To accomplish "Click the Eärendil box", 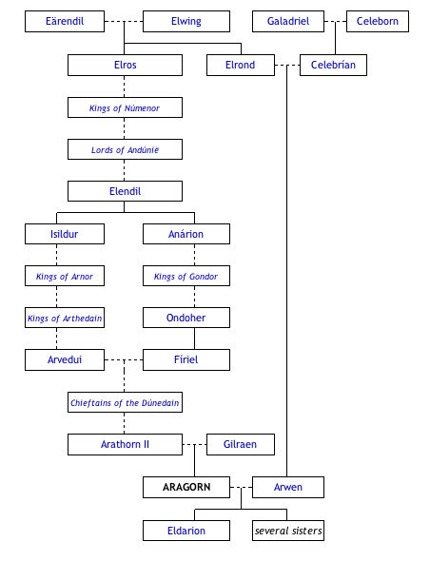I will click(x=65, y=21).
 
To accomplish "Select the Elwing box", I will click(x=186, y=21).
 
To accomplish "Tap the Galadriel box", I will click(x=287, y=21).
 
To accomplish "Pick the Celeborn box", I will click(x=378, y=21).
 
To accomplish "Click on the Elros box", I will click(x=125, y=65).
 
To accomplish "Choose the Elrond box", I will click(x=241, y=65).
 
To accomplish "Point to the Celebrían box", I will click(x=333, y=65).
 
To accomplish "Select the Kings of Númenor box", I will click(x=125, y=107).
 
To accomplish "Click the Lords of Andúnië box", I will click(x=125, y=149).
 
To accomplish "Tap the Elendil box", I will click(x=125, y=191).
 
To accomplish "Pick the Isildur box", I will click(x=65, y=234).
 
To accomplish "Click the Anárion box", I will click(x=186, y=234).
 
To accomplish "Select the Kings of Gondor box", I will click(x=186, y=276).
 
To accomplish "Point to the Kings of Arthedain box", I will click(x=65, y=318).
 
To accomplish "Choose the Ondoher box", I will click(x=186, y=318).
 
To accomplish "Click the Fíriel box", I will click(x=186, y=359).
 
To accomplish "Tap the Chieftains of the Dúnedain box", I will click(x=125, y=402).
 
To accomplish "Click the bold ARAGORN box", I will click(x=186, y=487).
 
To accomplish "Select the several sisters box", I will click(x=288, y=530).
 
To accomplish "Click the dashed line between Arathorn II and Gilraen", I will click(x=194, y=444).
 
